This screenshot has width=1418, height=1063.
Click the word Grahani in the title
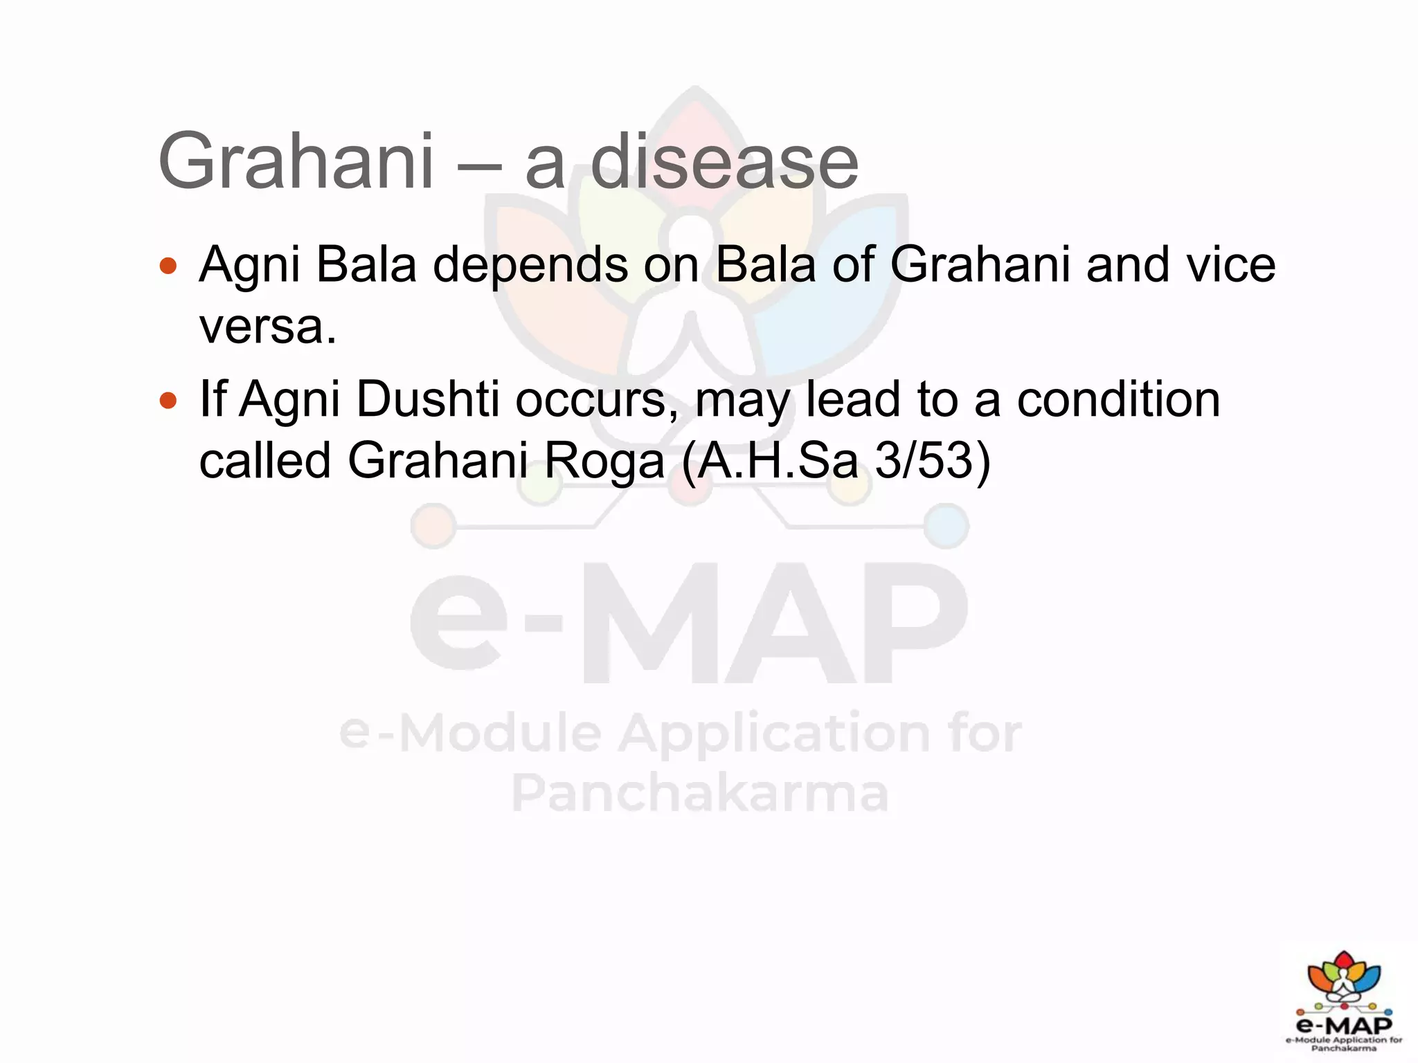tap(296, 162)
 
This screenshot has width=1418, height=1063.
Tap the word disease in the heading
tap(724, 162)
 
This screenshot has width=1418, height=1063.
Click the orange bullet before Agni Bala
tap(168, 266)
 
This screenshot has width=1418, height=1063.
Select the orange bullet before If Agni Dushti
tap(168, 400)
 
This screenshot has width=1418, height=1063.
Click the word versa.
tap(267, 327)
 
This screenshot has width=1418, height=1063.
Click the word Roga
tap(604, 461)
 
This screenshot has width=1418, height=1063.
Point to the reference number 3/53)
tap(933, 461)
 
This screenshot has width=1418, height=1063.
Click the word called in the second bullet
tap(264, 461)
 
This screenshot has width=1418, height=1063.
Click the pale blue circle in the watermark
tap(946, 526)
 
